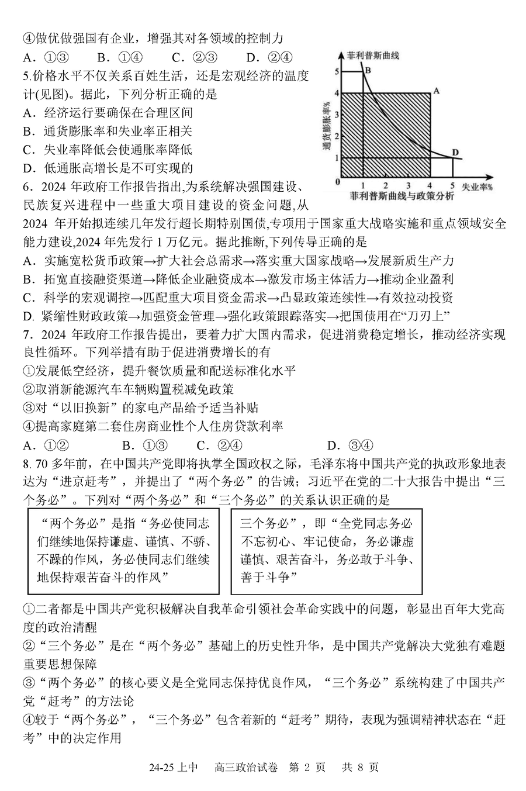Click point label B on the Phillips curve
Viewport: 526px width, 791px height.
pos(368,70)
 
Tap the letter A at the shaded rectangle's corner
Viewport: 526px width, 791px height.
pos(435,91)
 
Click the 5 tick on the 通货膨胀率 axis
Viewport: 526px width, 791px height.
pos(336,71)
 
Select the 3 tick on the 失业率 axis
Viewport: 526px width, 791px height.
pos(408,184)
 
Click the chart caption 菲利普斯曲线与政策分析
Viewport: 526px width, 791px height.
pos(402,196)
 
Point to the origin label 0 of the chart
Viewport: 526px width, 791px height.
pos(337,182)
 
